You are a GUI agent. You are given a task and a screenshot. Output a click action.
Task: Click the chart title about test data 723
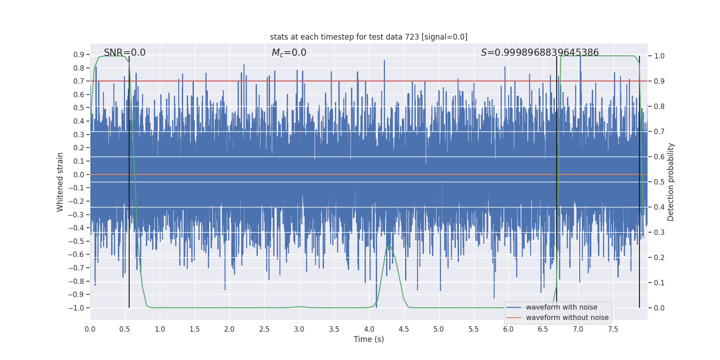click(x=369, y=37)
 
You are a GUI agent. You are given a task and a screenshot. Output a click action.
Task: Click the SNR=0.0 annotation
click(x=125, y=53)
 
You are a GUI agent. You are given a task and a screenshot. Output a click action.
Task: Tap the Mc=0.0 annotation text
click(x=289, y=53)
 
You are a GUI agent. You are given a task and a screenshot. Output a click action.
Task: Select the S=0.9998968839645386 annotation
click(x=540, y=53)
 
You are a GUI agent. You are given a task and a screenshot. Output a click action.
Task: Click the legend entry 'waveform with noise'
click(x=561, y=307)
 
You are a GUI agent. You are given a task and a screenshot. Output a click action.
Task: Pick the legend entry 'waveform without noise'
click(x=567, y=318)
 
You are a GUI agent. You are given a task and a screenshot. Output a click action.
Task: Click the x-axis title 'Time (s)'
click(x=369, y=339)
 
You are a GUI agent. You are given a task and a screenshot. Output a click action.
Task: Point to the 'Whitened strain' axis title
click(x=60, y=182)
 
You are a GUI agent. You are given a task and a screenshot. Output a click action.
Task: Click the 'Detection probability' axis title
click(x=671, y=182)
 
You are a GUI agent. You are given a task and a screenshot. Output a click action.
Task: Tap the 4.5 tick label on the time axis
click(x=404, y=329)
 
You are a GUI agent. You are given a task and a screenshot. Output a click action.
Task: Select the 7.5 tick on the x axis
click(x=613, y=329)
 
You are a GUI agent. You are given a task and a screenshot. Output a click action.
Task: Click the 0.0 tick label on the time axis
click(x=90, y=329)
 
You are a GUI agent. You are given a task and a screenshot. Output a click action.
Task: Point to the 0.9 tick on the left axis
click(x=79, y=55)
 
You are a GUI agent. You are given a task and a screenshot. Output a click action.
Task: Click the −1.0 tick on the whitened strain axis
click(x=76, y=308)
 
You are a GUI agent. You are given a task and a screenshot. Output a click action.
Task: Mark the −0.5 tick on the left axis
click(x=76, y=241)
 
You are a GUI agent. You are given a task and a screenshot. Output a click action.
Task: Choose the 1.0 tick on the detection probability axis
click(x=659, y=56)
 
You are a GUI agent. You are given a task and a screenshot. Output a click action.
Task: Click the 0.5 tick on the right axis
click(x=659, y=182)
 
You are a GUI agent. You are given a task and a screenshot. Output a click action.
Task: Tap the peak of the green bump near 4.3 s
click(x=389, y=246)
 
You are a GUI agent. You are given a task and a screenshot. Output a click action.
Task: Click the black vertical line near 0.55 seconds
click(x=129, y=180)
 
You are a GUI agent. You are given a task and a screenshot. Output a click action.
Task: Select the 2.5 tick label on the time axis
click(x=264, y=329)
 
